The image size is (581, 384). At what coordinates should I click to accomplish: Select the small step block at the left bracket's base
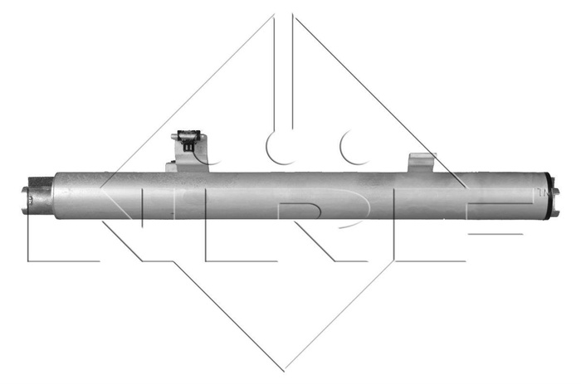click(171, 167)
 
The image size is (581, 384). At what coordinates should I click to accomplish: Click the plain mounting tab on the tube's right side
click(420, 163)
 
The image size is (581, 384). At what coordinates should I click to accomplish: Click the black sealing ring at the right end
click(550, 197)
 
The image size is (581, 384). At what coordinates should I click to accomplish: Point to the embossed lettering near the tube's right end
click(539, 192)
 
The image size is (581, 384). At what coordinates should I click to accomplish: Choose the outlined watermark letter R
click(320, 224)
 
